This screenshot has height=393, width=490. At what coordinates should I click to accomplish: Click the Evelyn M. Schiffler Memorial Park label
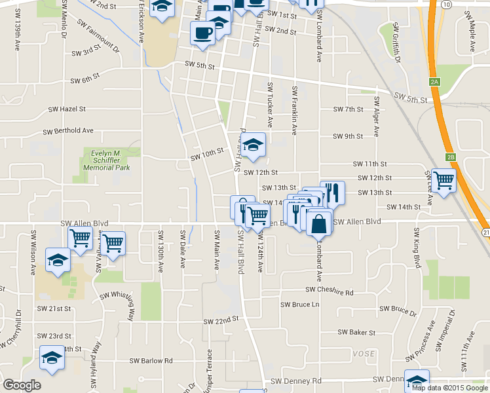tap(105, 160)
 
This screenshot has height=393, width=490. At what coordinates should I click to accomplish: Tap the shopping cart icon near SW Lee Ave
tap(443, 180)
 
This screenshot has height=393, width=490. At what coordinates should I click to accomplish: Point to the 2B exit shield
tap(450, 157)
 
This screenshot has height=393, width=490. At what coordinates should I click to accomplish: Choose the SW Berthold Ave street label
tap(69, 131)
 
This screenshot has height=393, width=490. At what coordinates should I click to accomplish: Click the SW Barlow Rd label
tap(151, 360)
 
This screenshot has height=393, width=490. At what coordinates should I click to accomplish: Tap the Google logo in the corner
tap(22, 385)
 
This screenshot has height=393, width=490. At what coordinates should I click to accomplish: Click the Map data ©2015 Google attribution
tap(450, 388)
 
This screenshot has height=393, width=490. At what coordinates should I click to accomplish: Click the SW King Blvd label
tap(416, 249)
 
